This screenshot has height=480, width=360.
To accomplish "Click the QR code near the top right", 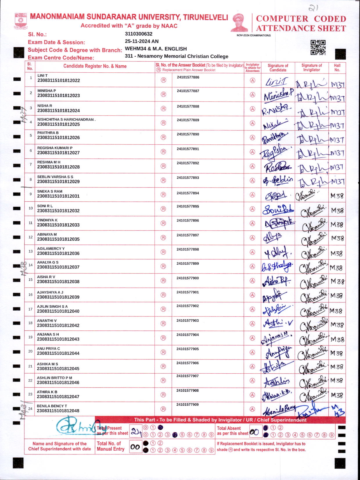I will click(x=318, y=47).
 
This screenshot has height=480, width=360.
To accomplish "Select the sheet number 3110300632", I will click(x=138, y=34).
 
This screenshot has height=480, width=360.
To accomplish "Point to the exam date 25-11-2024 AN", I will click(x=142, y=41).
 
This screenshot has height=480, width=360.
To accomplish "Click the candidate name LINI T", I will click(x=42, y=76).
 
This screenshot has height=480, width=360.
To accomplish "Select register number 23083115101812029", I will click(x=58, y=182).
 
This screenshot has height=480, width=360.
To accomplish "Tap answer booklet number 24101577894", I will click(x=188, y=193).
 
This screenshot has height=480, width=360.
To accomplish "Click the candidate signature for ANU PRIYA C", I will click(x=278, y=353).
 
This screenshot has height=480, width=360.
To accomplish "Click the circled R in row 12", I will click(x=163, y=238).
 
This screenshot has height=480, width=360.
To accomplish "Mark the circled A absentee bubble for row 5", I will click(x=253, y=137).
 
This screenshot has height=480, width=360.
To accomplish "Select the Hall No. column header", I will click(x=337, y=67).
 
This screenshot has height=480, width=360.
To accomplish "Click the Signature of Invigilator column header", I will click(x=312, y=67).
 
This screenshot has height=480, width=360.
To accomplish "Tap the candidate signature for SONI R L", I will click(x=278, y=209).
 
